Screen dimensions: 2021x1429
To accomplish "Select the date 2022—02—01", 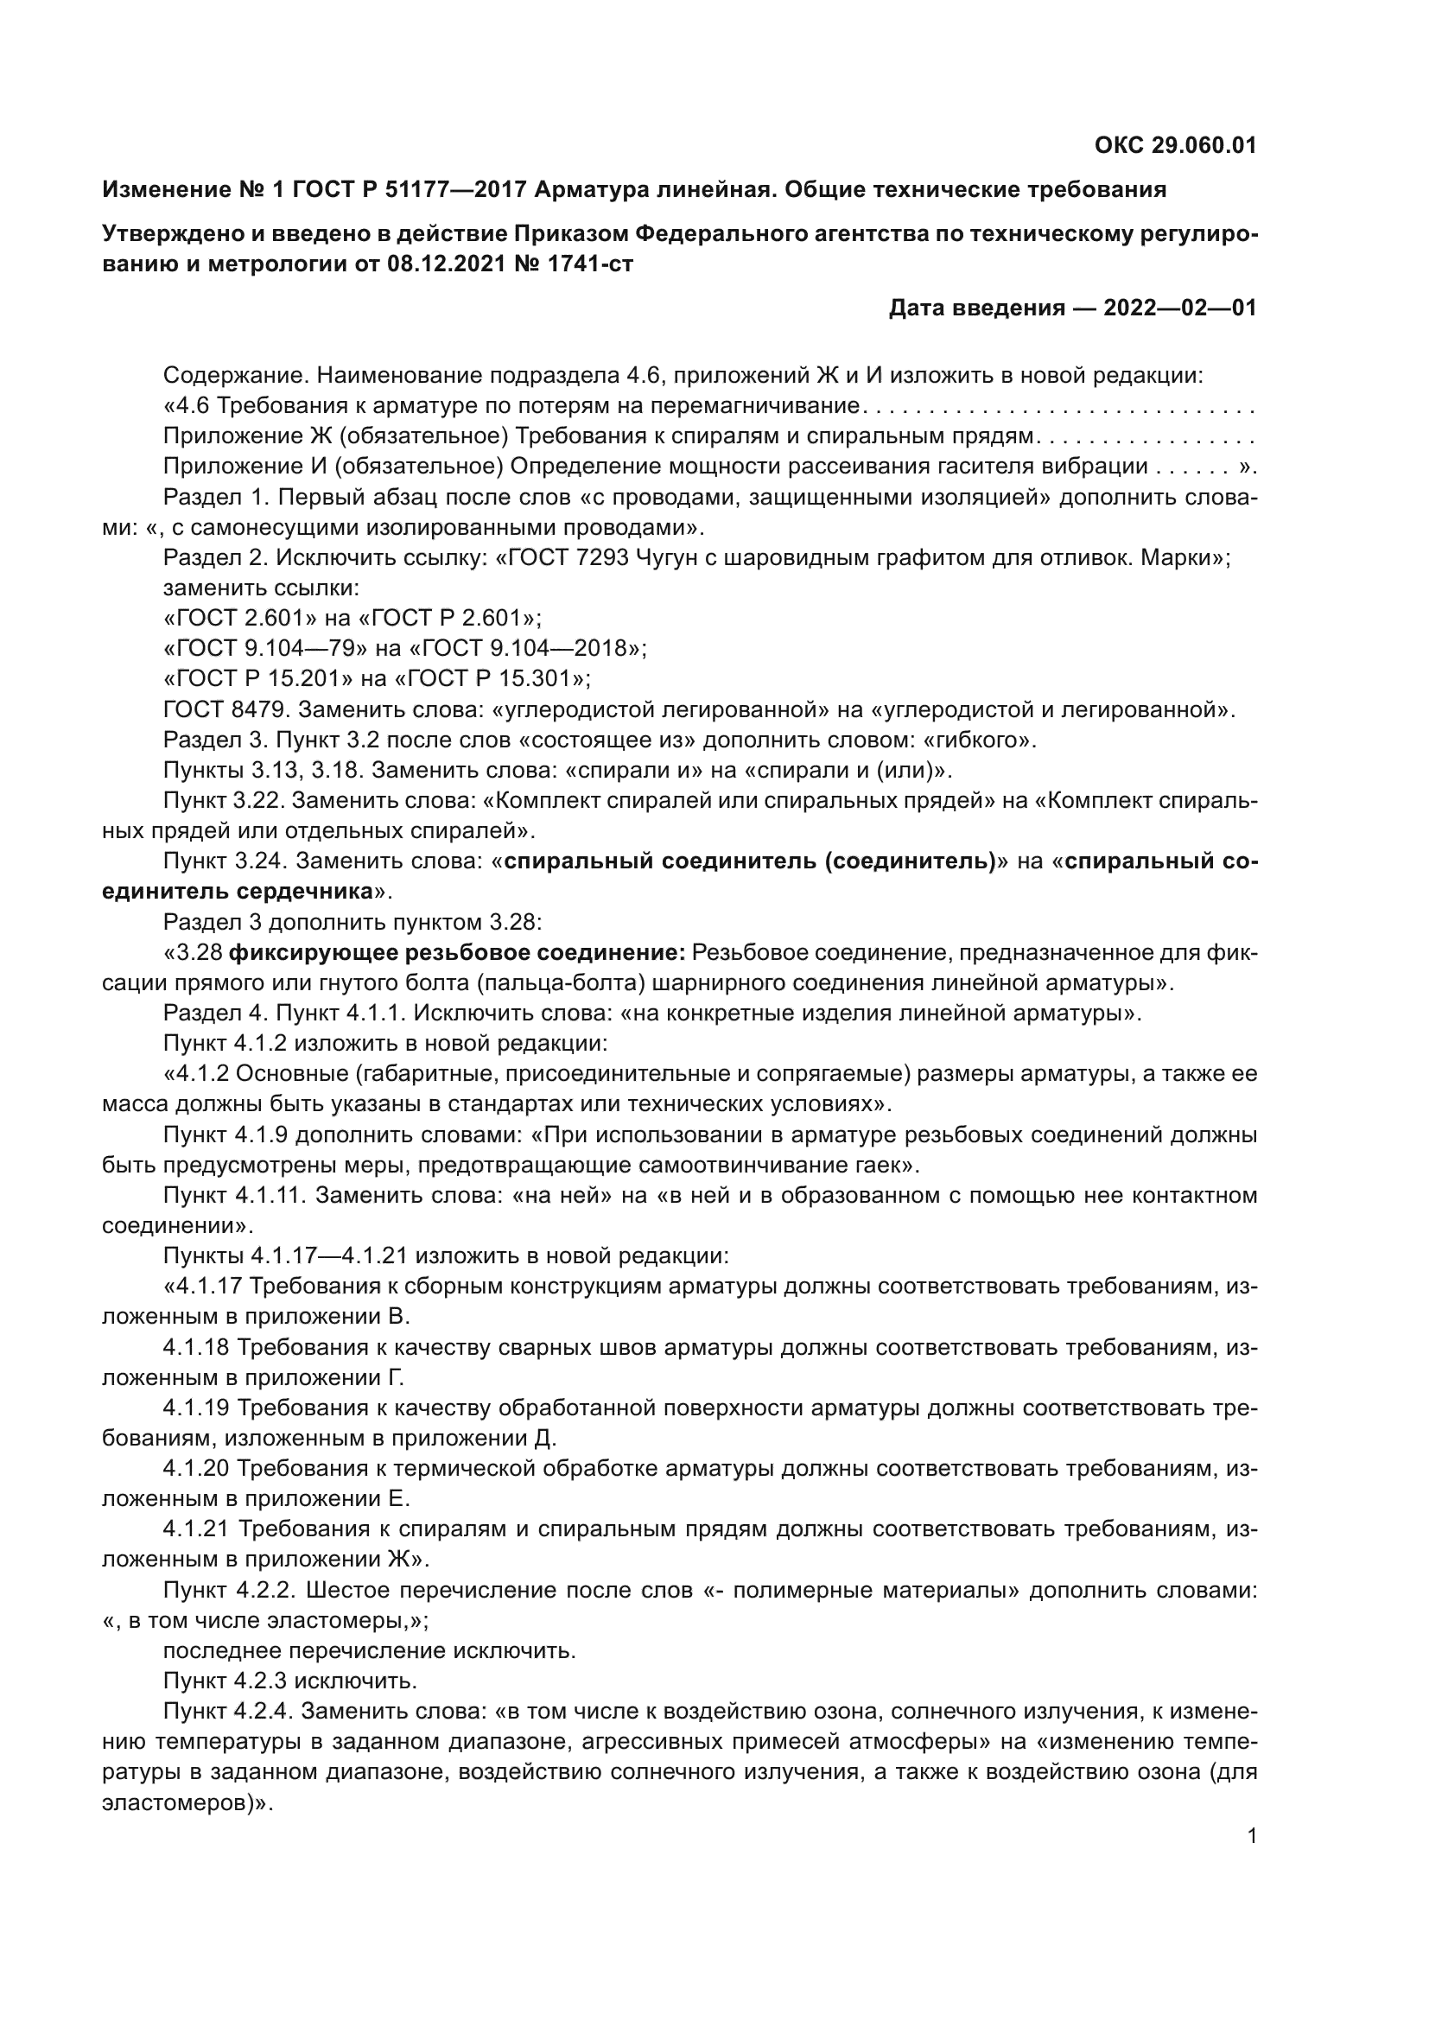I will (1179, 308).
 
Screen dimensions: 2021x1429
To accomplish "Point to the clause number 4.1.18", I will (195, 1348).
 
